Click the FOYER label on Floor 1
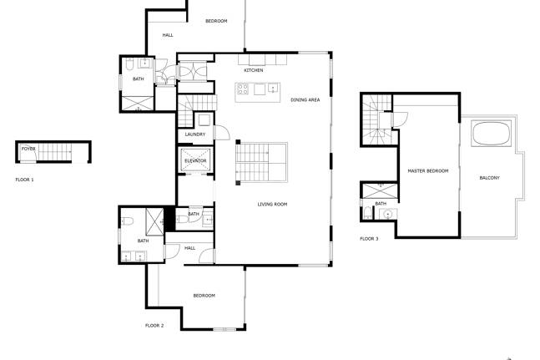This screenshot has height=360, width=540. point(28,149)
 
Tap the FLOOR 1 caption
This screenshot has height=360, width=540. point(25,180)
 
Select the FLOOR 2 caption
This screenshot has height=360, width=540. point(154,326)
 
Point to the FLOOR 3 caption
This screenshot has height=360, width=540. point(369,239)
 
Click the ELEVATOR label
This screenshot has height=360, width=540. point(195,161)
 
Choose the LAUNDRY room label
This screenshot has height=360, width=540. point(195,134)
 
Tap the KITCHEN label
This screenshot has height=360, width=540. point(254,70)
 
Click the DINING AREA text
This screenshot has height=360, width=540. point(305,100)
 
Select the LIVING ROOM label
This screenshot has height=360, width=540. point(272,205)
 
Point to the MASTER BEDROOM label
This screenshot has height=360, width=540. point(428,171)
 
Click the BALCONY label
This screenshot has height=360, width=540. point(489,178)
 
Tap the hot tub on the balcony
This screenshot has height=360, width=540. point(491,134)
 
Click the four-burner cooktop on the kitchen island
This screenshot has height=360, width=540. point(243,89)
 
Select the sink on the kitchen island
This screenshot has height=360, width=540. point(273,89)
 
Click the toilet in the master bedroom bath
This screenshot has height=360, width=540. point(368,212)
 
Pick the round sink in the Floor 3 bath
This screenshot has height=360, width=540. point(388,215)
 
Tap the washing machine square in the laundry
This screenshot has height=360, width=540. point(204,120)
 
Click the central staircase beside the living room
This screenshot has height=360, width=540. point(262,162)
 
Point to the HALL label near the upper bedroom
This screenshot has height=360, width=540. point(168,35)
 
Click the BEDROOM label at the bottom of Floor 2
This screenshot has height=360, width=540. point(204,296)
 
